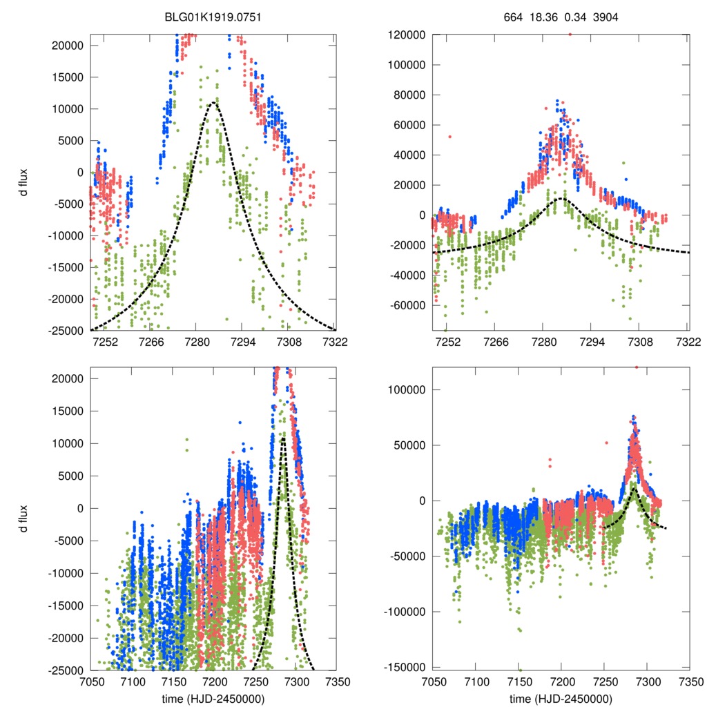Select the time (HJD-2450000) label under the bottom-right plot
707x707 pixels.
tap(560, 698)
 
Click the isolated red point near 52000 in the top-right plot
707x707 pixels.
tap(450, 137)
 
